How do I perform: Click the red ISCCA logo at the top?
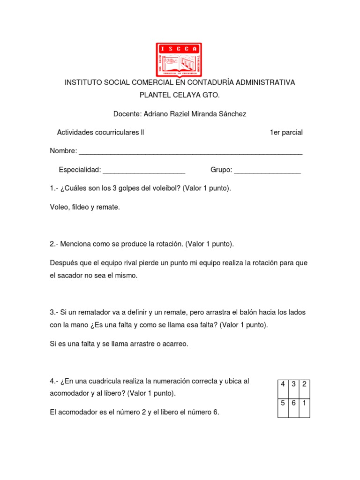coord(179,60)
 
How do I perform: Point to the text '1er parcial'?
coord(286,133)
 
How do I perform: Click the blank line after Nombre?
coord(190,152)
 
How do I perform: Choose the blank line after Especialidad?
coord(144,170)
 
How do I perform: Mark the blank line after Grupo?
coord(267,170)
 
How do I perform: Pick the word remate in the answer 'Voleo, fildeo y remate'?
coord(108,207)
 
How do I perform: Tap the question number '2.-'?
coord(54,244)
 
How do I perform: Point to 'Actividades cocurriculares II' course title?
coord(100,133)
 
